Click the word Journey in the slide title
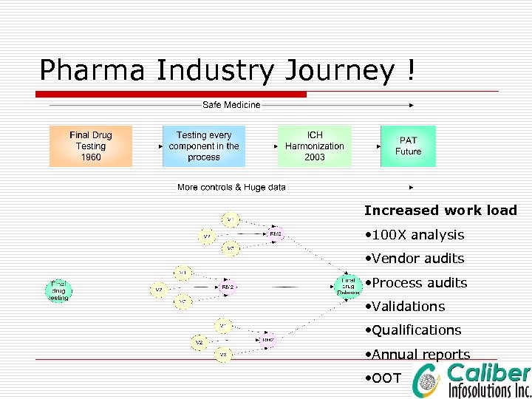pyautogui.click(x=335, y=71)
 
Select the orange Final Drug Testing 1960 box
pyautogui.click(x=91, y=146)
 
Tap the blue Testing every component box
pyautogui.click(x=204, y=146)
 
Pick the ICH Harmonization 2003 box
pyautogui.click(x=315, y=146)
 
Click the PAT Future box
pyautogui.click(x=408, y=146)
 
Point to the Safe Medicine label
pyautogui.click(x=231, y=105)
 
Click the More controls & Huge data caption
pyautogui.click(x=231, y=188)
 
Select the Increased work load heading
pyautogui.click(x=440, y=211)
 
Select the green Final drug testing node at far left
pyautogui.click(x=58, y=290)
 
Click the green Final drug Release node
pyautogui.click(x=347, y=286)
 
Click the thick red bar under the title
pyautogui.click(x=171, y=95)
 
